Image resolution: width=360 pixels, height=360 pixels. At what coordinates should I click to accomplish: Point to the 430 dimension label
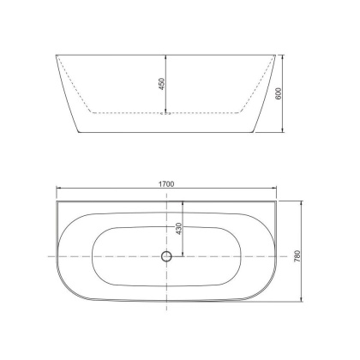178,229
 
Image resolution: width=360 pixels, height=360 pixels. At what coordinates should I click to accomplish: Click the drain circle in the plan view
167,256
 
